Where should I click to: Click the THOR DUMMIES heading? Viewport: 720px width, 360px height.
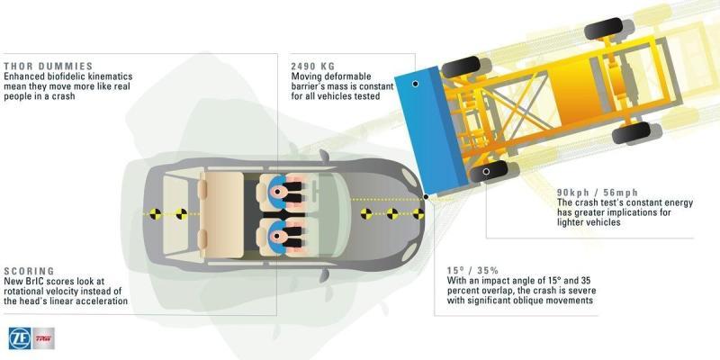coord(49,67)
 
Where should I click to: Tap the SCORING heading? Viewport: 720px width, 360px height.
coord(29,272)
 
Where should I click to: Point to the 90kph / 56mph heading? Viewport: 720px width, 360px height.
coord(598,193)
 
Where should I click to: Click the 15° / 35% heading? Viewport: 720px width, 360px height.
coord(472,271)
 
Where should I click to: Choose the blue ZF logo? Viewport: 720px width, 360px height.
coord(20,338)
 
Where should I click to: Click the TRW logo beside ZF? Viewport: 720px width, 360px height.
coord(43,338)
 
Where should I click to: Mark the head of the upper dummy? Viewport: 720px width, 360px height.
coord(277,191)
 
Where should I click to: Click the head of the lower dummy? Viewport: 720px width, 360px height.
coord(277,237)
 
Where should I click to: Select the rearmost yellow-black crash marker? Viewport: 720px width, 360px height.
coord(156,213)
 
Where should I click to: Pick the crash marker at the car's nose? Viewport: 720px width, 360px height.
coord(418,213)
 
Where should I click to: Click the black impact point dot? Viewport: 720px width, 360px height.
coord(426,196)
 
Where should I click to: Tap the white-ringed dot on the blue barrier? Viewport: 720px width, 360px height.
coord(415,84)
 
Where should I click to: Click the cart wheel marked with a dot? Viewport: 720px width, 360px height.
coord(488,172)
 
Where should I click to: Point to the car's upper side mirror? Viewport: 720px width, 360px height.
coord(324,156)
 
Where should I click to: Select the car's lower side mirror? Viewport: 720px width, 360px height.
coord(324,275)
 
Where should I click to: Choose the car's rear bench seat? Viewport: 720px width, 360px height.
coord(221,214)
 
